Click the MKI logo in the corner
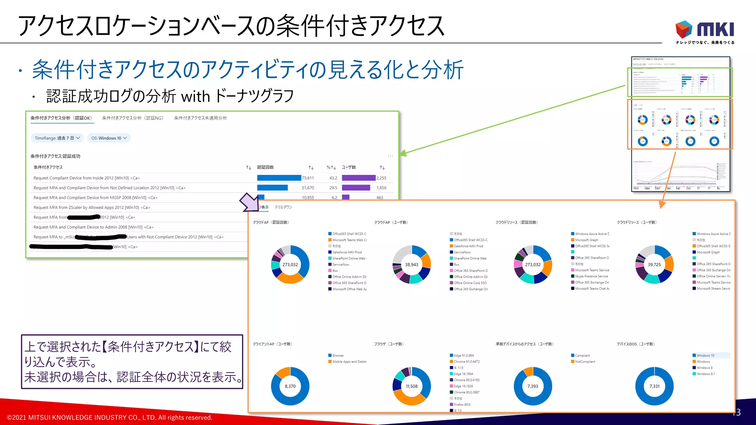coord(704,31)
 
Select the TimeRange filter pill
coord(57,138)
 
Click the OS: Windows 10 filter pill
coord(109,138)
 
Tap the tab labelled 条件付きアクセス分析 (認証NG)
coord(133,118)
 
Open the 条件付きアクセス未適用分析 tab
coord(200,118)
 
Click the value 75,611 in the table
coord(308,178)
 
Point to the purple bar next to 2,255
coord(358,178)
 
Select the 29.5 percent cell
coord(333,188)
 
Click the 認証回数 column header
coord(265,167)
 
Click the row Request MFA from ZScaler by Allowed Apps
coord(92,207)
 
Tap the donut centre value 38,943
coord(412,265)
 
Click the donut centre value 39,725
coord(654,265)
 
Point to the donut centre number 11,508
coord(412,386)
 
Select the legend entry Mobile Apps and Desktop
coord(349,362)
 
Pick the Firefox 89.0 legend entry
coord(462,404)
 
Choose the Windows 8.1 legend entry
coord(705,374)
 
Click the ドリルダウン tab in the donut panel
coord(283,207)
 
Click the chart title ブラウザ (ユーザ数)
coord(389,344)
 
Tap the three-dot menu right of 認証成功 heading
coord(390,156)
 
